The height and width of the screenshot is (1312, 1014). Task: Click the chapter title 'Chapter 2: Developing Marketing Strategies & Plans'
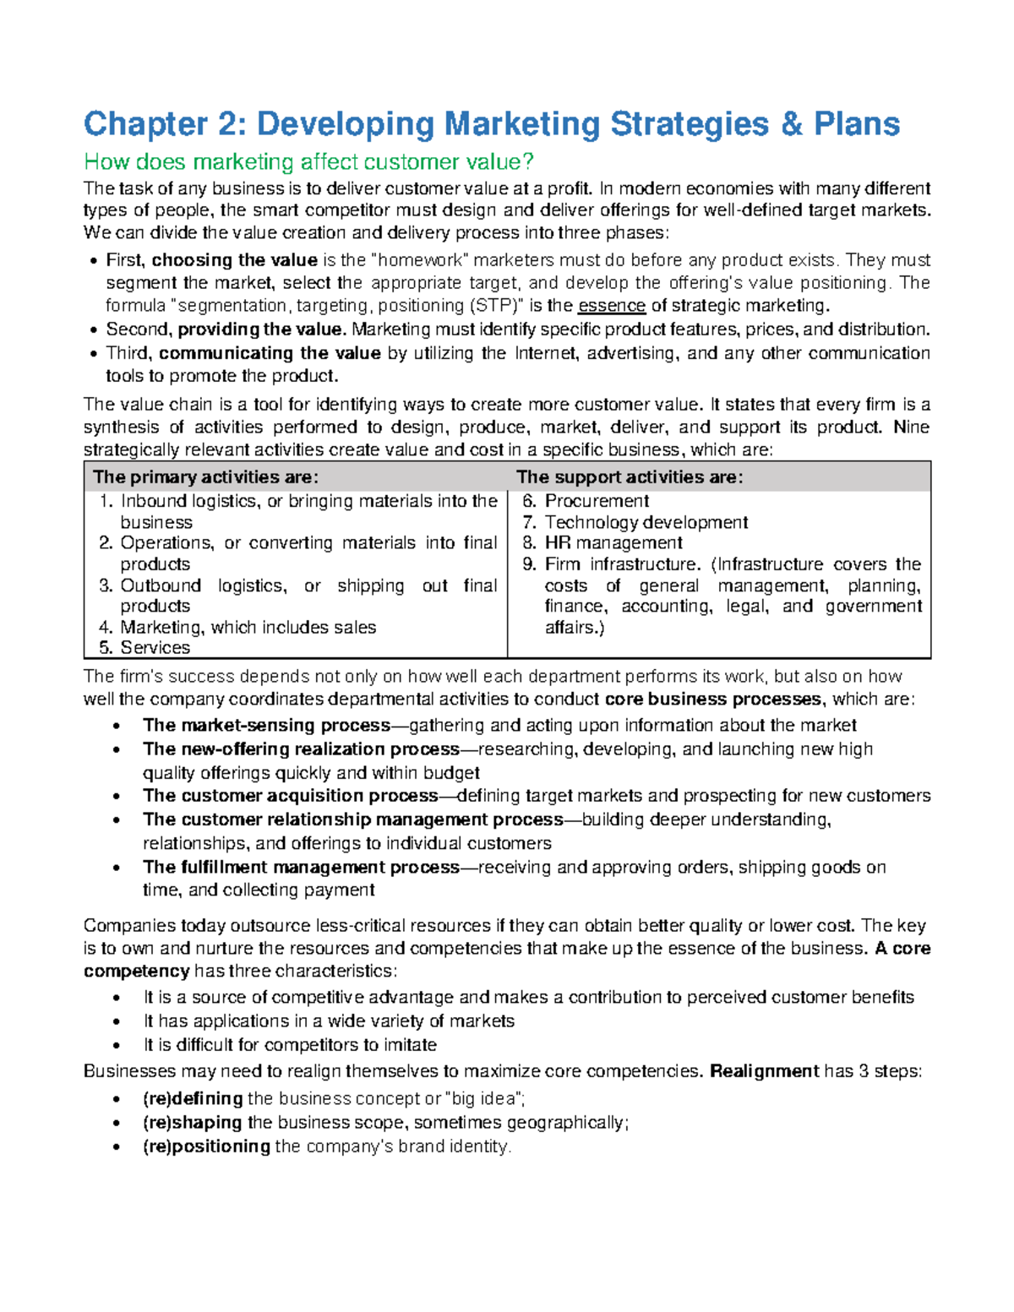pyautogui.click(x=491, y=124)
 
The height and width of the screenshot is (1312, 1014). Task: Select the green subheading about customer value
pyautogui.click(x=308, y=161)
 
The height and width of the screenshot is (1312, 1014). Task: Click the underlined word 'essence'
pyautogui.click(x=611, y=306)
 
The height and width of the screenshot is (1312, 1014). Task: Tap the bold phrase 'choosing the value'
pyautogui.click(x=234, y=260)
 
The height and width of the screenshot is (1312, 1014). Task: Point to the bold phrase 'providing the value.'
pyautogui.click(x=261, y=329)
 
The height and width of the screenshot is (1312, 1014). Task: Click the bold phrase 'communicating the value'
pyautogui.click(x=270, y=353)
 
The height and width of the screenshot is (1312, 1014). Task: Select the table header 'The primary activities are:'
pyautogui.click(x=205, y=477)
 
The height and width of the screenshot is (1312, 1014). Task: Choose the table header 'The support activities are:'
pyautogui.click(x=630, y=477)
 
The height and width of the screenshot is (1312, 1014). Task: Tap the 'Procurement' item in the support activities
pyautogui.click(x=596, y=501)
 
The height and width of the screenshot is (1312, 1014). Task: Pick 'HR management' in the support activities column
pyautogui.click(x=613, y=543)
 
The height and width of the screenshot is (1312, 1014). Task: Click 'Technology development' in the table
pyautogui.click(x=646, y=522)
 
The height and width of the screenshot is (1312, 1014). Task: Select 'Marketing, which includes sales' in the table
pyautogui.click(x=248, y=627)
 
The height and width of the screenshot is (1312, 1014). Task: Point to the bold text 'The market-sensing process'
pyautogui.click(x=266, y=726)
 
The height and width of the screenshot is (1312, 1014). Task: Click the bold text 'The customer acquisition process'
pyautogui.click(x=290, y=796)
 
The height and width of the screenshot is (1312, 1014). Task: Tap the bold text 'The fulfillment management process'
pyautogui.click(x=301, y=868)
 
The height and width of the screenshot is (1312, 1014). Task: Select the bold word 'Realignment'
pyautogui.click(x=764, y=1072)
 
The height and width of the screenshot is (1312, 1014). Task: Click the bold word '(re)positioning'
pyautogui.click(x=206, y=1146)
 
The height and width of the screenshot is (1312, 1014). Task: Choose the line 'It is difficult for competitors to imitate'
pyautogui.click(x=290, y=1045)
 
